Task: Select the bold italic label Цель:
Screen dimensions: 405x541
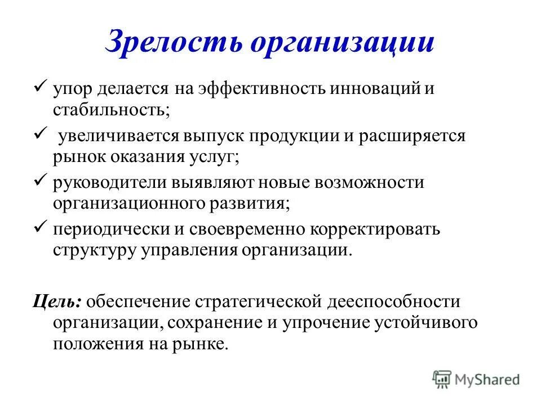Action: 57,301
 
